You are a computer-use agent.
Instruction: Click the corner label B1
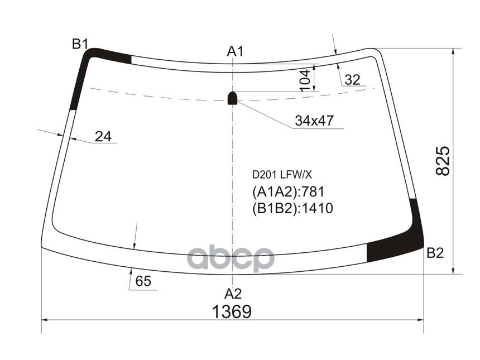pos(80,44)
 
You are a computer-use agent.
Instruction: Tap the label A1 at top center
pos(235,51)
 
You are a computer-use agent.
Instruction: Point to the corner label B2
pos(435,253)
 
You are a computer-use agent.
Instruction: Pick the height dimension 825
pos(442,161)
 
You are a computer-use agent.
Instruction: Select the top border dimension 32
pos(352,80)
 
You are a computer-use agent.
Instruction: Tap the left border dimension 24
pos(103,136)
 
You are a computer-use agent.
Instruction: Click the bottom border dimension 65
pos(143,282)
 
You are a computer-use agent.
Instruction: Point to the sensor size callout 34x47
pos(314,121)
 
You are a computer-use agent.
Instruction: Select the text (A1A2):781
pos(288,193)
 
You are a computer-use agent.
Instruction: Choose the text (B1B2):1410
pos(292,209)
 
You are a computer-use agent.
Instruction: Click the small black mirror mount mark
pos(233,98)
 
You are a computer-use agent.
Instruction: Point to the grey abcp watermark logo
pos(231,258)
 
